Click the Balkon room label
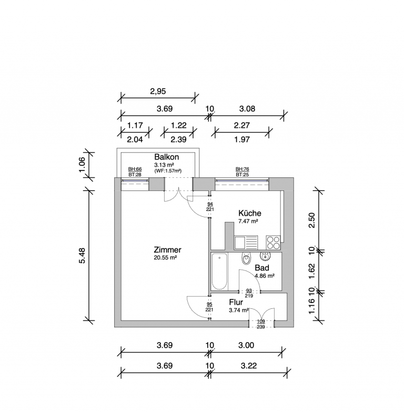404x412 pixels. coord(167,157)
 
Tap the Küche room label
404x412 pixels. coord(249,213)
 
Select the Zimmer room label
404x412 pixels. coord(167,249)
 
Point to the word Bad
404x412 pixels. coord(262,268)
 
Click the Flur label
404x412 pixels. coord(236,302)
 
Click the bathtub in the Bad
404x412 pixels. coord(219,271)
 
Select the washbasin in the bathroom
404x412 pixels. coord(265,256)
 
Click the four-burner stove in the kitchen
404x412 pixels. coord(273,242)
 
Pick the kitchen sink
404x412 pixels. coord(246,242)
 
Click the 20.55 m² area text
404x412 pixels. coord(165,258)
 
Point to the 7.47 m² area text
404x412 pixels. coord(248,221)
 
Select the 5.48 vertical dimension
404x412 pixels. coord(83,255)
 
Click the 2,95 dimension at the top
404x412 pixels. coord(158,91)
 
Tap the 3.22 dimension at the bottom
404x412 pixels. coord(248,366)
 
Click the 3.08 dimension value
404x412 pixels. coord(247,108)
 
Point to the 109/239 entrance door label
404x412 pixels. coord(261,324)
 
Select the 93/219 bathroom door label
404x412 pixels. coord(249,293)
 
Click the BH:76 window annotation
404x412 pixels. coord(242,169)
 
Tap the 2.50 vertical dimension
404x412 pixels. coord(311,220)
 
